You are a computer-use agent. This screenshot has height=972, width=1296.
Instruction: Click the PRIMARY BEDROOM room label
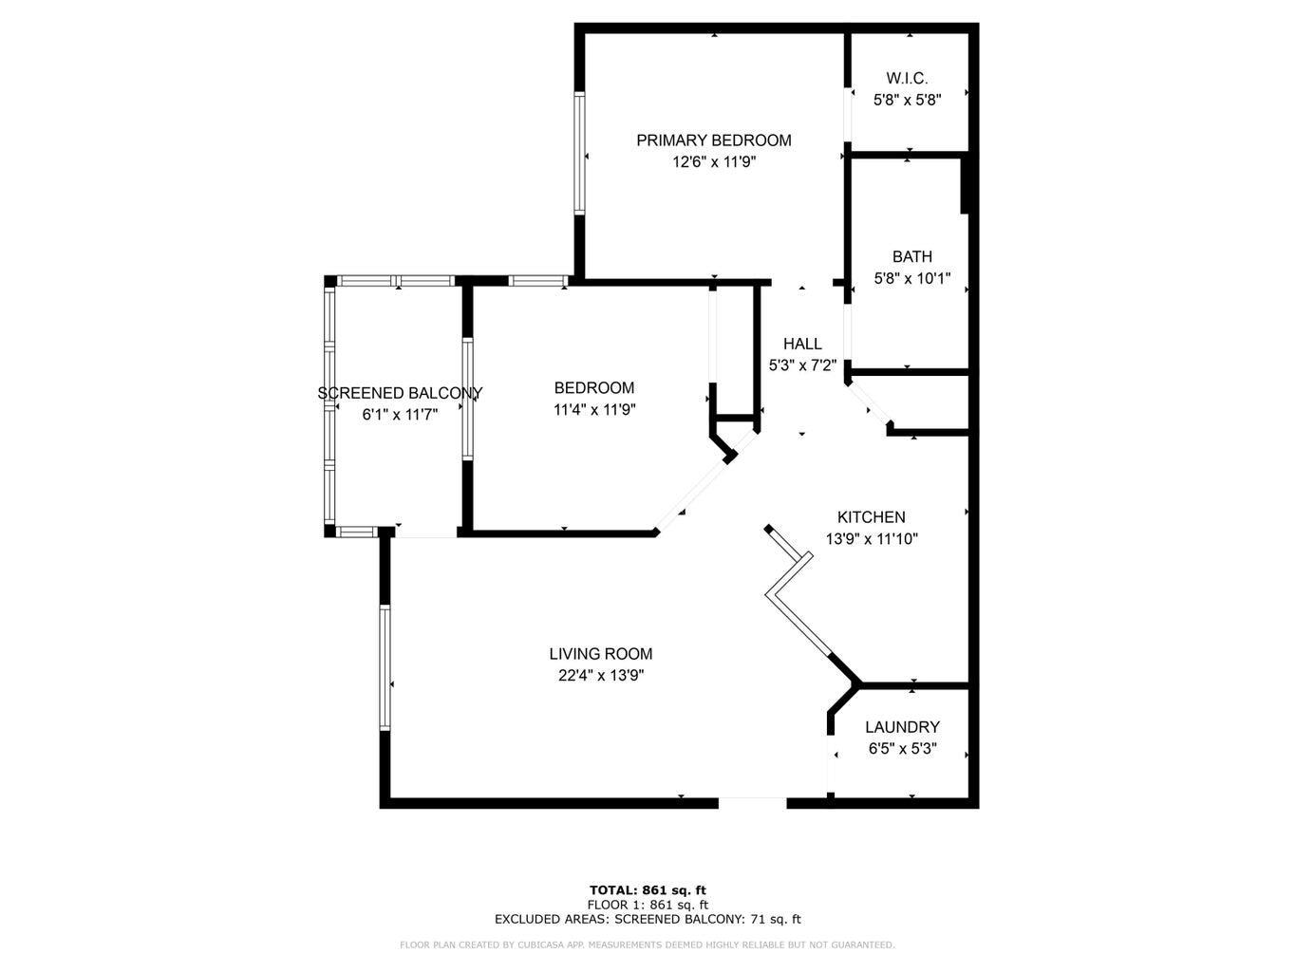point(713,140)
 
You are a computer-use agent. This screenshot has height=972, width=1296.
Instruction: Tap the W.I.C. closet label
point(907,78)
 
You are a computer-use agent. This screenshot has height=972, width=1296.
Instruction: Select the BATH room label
point(911,256)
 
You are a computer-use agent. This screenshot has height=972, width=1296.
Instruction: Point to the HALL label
point(802,344)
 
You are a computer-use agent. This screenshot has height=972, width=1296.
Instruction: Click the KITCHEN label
point(871,517)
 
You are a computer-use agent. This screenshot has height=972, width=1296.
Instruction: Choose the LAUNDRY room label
point(902,727)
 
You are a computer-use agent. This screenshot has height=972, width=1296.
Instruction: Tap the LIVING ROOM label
point(600,654)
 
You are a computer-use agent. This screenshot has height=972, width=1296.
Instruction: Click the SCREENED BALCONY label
point(400,393)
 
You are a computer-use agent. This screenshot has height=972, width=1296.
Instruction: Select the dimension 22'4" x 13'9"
point(601,676)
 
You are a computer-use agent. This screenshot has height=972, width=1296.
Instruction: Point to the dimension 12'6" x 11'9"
point(714,162)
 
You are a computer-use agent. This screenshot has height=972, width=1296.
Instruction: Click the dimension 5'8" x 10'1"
point(911,279)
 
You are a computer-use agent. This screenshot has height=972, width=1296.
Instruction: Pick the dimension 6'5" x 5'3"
point(902,749)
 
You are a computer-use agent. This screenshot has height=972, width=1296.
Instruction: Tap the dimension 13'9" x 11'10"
point(872,539)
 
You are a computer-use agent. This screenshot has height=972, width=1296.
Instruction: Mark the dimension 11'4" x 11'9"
point(594,410)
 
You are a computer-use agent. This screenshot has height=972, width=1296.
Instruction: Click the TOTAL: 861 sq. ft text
point(648,890)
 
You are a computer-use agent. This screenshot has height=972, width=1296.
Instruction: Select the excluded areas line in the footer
point(648,919)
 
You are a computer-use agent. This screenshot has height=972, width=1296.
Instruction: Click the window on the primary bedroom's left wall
point(578,154)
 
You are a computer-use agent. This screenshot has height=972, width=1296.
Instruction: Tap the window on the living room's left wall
point(385,668)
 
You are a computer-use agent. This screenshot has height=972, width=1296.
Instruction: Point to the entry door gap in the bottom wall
point(752,803)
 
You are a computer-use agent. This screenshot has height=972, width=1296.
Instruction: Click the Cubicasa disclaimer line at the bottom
point(648,944)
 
